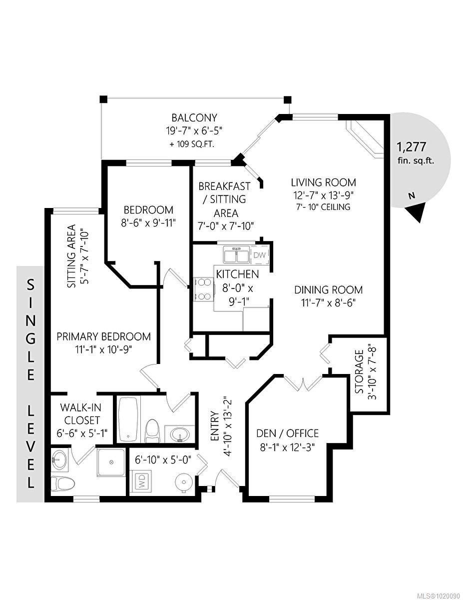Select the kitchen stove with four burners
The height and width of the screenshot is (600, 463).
[204, 289]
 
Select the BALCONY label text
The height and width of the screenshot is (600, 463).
[194, 118]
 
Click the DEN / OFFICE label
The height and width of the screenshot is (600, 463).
[287, 433]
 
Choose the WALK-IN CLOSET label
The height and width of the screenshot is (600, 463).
[80, 413]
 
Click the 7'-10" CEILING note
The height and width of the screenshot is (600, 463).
[324, 206]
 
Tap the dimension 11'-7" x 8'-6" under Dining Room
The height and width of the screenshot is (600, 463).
[328, 302]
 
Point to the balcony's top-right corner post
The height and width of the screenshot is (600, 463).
[287, 99]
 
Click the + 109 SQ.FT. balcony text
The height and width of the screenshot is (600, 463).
[194, 144]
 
